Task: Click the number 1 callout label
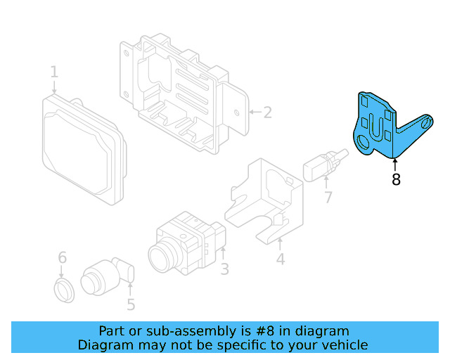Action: pyautogui.click(x=54, y=72)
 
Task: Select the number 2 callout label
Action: pyautogui.click(x=267, y=112)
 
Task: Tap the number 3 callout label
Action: pyautogui.click(x=224, y=269)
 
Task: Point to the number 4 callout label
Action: pyautogui.click(x=280, y=260)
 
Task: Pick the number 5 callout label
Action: pyautogui.click(x=131, y=304)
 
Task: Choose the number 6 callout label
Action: pyautogui.click(x=62, y=257)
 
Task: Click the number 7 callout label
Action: pyautogui.click(x=328, y=198)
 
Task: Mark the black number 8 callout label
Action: pyautogui.click(x=396, y=180)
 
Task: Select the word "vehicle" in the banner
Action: pyautogui.click(x=344, y=345)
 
